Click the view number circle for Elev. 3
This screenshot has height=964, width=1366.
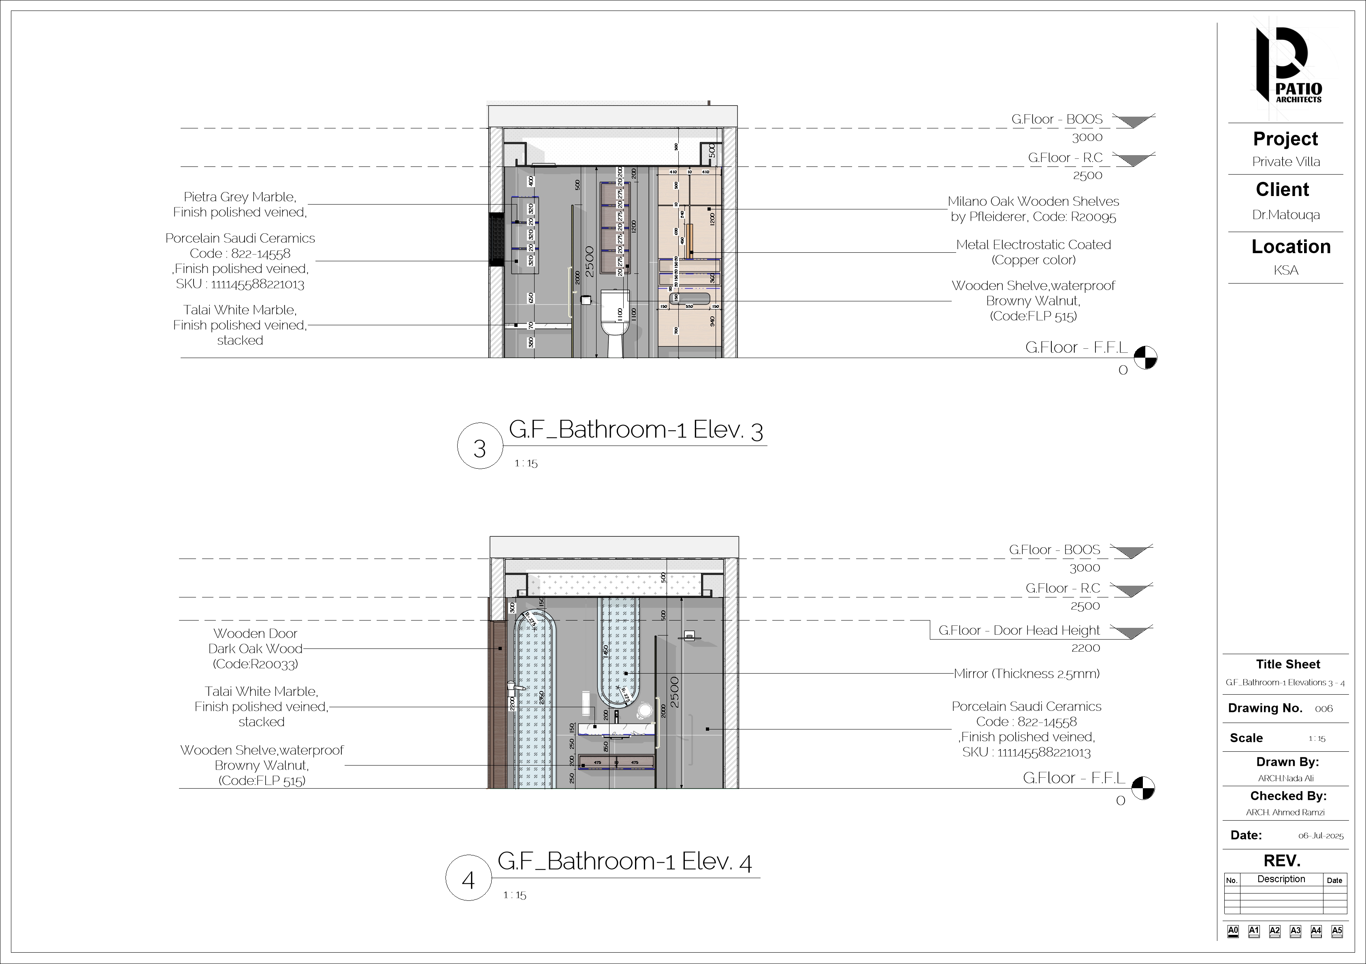click(479, 446)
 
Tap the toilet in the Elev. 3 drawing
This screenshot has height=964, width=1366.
click(613, 321)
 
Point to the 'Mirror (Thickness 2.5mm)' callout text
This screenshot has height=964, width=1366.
click(1026, 674)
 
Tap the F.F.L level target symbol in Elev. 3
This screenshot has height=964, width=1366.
click(1145, 358)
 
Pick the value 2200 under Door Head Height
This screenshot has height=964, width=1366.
click(1085, 648)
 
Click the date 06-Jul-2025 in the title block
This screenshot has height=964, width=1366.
click(1321, 836)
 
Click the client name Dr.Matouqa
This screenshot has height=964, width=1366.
click(1286, 215)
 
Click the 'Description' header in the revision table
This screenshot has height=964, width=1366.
click(1281, 879)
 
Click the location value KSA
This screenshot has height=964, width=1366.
click(1286, 270)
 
